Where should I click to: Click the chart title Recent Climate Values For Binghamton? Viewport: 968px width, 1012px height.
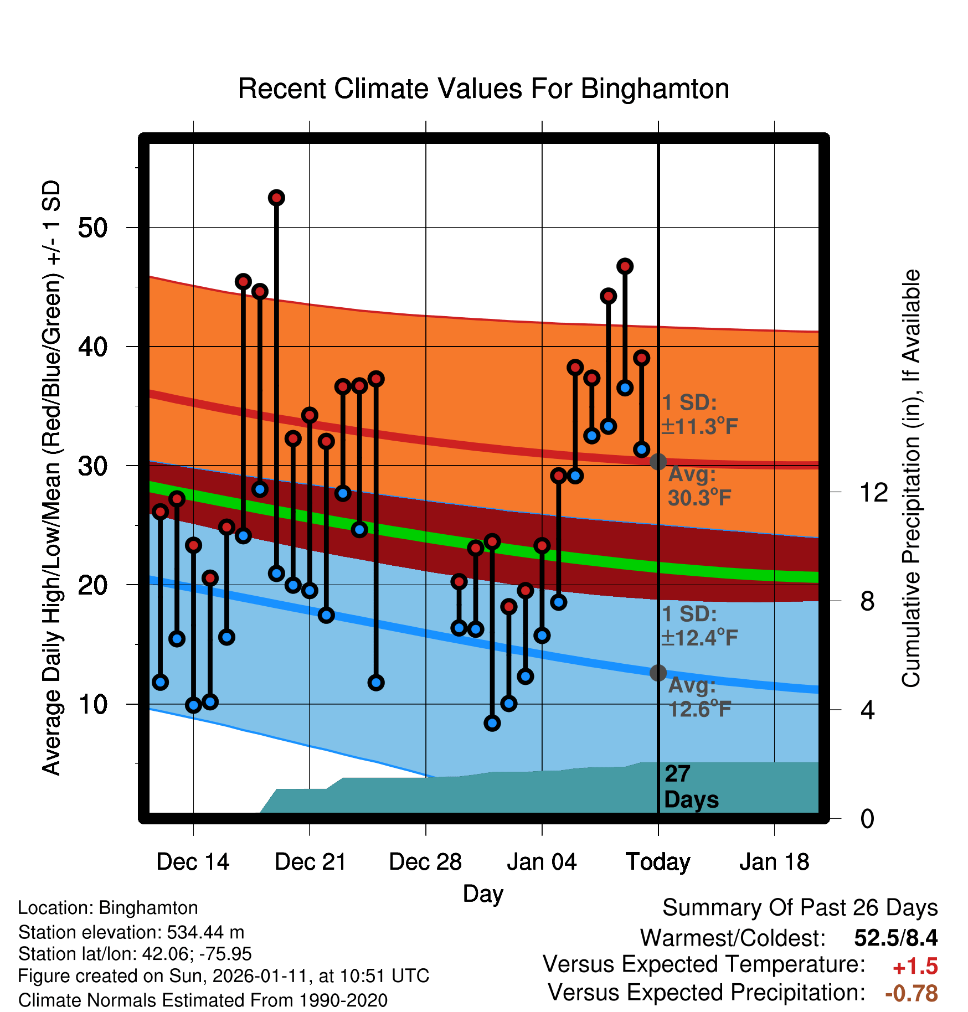point(483,89)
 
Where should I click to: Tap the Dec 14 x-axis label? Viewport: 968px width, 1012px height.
point(193,862)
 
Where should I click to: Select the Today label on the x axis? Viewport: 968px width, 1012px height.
point(658,862)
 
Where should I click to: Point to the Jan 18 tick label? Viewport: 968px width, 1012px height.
point(774,862)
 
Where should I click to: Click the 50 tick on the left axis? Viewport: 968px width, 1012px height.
point(92,228)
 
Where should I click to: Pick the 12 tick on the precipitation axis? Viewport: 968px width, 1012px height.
point(873,492)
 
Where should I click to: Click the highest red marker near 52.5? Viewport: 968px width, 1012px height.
point(276,198)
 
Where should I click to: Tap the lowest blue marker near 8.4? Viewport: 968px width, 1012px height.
point(492,723)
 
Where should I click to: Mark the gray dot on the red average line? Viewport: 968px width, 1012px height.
point(658,462)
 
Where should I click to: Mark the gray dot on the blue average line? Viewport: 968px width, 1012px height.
point(658,673)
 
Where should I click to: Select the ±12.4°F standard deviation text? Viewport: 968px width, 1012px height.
point(699,638)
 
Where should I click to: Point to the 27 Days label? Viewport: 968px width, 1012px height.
point(691,787)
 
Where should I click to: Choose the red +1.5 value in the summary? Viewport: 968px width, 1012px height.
point(915,967)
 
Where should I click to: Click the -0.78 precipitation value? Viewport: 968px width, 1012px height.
point(911,993)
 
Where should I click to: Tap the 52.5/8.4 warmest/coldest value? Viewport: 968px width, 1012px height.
point(895,938)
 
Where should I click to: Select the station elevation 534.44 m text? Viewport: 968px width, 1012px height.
point(131,932)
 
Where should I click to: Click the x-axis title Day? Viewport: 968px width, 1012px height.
point(483,894)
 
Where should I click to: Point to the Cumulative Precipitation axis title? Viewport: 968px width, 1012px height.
point(910,478)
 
